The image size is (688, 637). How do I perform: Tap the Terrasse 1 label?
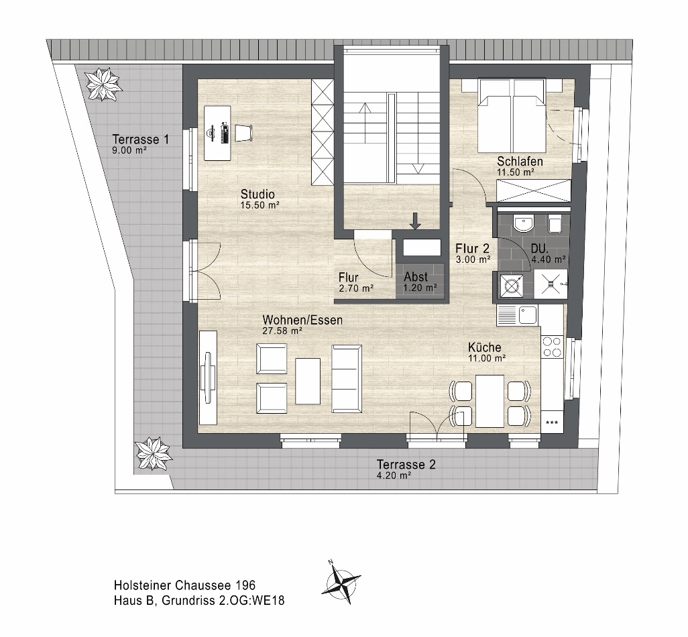(x=140, y=140)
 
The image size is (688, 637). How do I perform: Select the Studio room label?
(x=258, y=195)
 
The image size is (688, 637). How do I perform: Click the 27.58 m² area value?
(x=282, y=331)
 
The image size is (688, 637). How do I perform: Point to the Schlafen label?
(x=520, y=162)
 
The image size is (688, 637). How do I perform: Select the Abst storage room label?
(x=416, y=277)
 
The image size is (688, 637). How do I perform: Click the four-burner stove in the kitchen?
(x=552, y=346)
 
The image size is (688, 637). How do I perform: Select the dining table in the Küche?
(x=490, y=401)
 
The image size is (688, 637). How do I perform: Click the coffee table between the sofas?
(x=308, y=381)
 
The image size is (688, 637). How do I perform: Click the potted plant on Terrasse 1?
(x=104, y=83)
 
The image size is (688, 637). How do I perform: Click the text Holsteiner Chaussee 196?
(x=184, y=587)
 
